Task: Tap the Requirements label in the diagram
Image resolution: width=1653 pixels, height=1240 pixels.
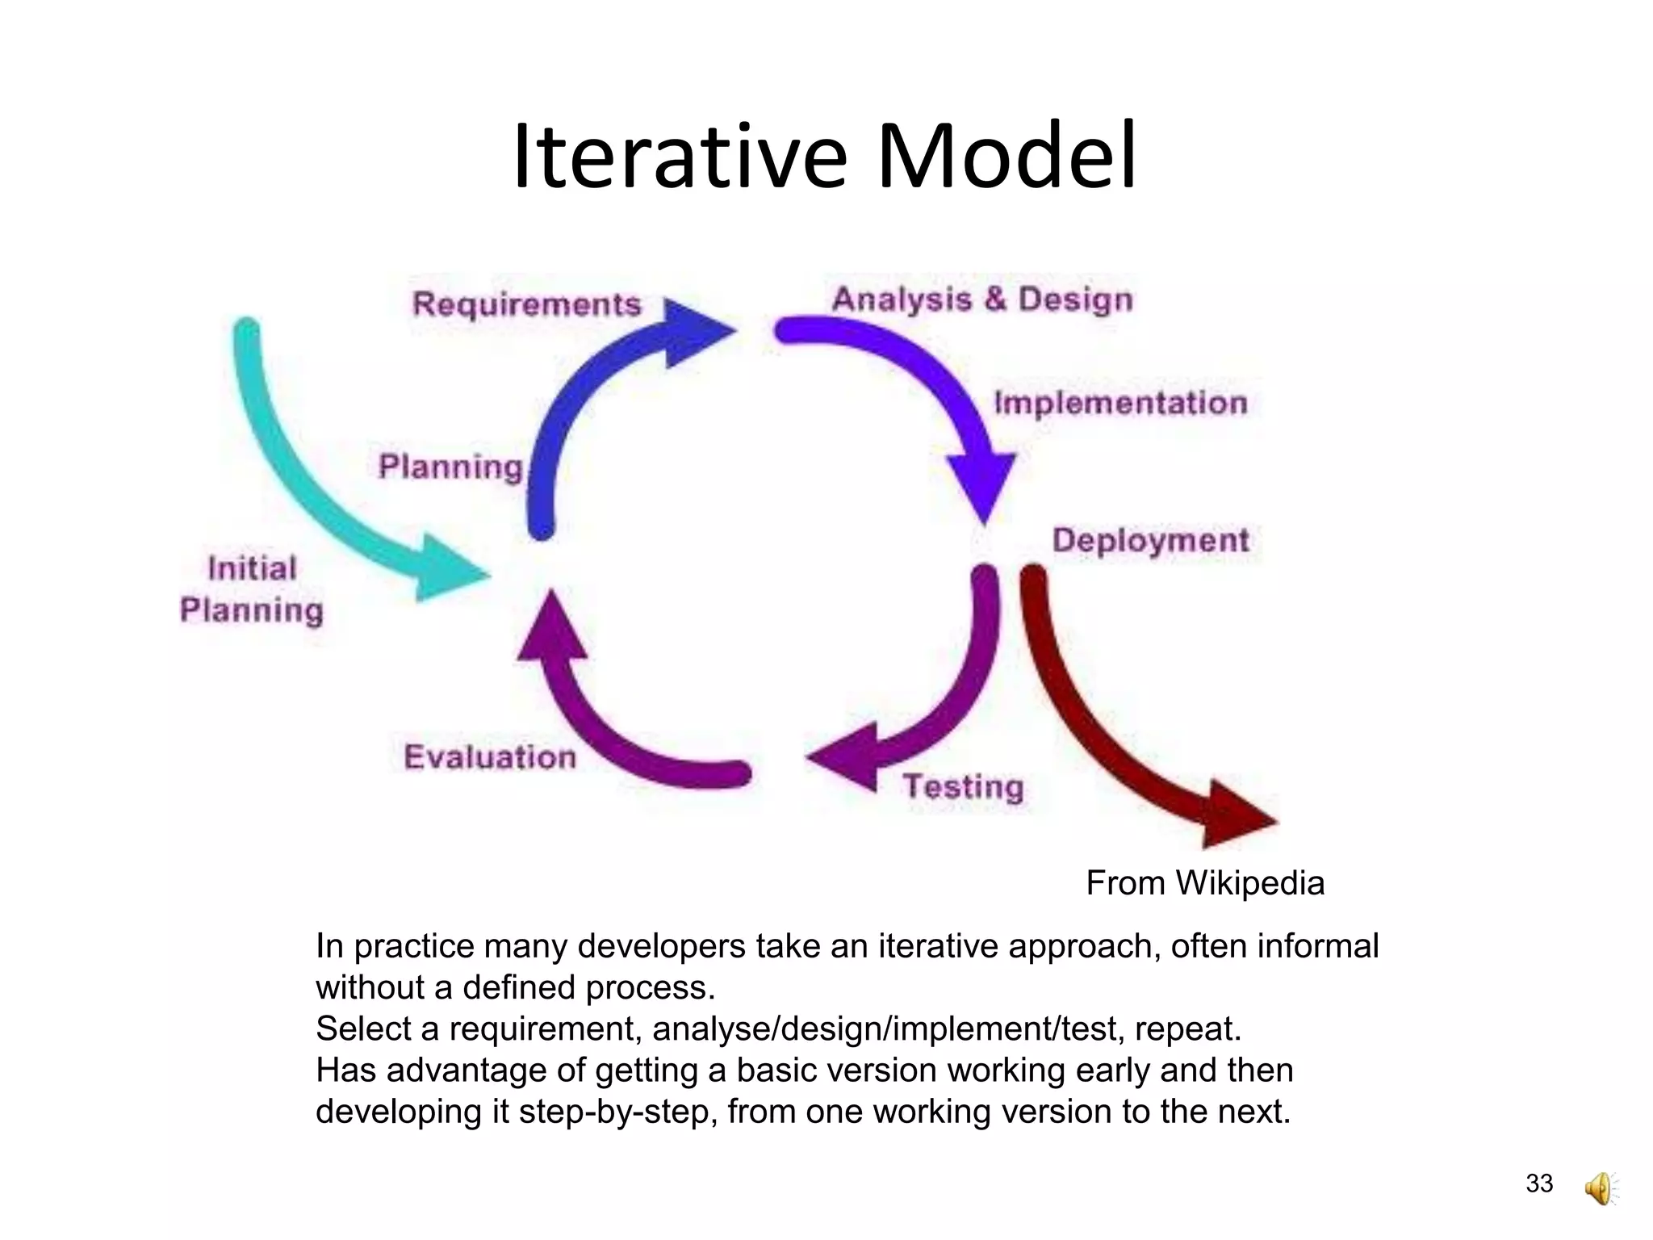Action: [x=526, y=304]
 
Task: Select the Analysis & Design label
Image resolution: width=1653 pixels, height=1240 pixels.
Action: [x=982, y=300]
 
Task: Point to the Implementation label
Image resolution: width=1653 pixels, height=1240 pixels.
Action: [x=1120, y=403]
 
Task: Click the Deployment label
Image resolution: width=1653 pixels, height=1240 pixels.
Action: [x=1150, y=540]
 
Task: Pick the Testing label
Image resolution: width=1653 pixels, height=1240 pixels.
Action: [x=963, y=786]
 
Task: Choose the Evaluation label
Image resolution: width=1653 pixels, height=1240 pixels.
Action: [x=490, y=757]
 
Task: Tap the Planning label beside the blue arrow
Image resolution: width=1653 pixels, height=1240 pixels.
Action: [x=450, y=467]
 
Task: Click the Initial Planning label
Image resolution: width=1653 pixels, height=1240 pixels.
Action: [x=251, y=589]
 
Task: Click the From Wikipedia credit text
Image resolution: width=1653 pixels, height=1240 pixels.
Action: [x=1204, y=883]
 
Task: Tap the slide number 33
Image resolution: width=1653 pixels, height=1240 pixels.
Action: [x=1539, y=1183]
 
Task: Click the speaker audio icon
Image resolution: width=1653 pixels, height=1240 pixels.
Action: [x=1600, y=1189]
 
